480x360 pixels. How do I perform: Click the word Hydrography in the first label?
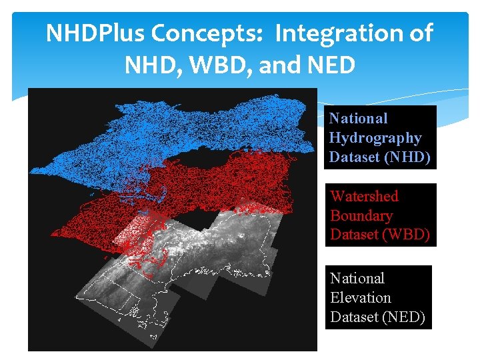pos(375,138)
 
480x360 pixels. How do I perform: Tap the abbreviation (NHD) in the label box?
pos(409,158)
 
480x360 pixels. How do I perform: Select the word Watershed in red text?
pos(364,196)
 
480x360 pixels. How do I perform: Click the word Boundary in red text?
pos(361,216)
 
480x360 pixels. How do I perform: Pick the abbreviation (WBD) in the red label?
pos(407,235)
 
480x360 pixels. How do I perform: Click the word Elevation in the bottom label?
pos(361,298)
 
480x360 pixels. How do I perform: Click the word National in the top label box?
pos(358,119)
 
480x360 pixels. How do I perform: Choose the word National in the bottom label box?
pos(357,278)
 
